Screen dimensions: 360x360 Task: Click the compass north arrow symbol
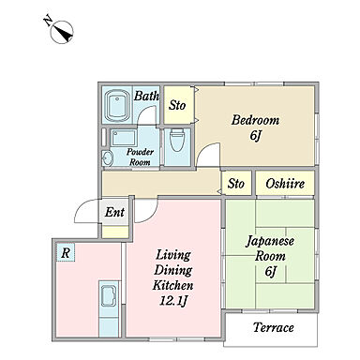click(x=62, y=32)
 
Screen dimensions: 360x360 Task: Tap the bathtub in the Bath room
click(x=117, y=106)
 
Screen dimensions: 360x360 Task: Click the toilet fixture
click(x=177, y=140)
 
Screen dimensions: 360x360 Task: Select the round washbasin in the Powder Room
click(x=107, y=158)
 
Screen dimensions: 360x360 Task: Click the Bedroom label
click(x=255, y=120)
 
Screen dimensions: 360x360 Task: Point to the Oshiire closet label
click(x=285, y=184)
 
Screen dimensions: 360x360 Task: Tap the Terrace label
click(x=274, y=327)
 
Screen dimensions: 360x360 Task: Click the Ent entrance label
click(x=114, y=213)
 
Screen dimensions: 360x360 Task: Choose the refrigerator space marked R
click(x=66, y=252)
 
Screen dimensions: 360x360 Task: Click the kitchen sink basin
click(x=109, y=294)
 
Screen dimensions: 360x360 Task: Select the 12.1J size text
click(x=173, y=301)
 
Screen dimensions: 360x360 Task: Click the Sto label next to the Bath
click(x=177, y=105)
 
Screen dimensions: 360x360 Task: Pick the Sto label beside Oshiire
click(x=236, y=184)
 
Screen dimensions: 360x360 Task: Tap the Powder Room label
click(x=140, y=157)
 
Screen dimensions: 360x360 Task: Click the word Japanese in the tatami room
click(x=270, y=241)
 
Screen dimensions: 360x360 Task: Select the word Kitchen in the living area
click(x=172, y=285)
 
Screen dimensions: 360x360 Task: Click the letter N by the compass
click(x=48, y=22)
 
